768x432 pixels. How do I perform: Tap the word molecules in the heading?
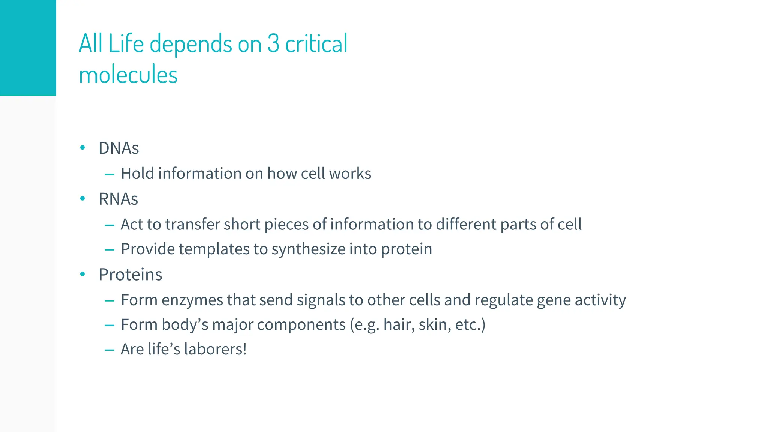128,75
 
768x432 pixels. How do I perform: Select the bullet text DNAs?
118,148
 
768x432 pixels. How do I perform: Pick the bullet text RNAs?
118,199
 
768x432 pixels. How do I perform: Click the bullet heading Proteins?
130,274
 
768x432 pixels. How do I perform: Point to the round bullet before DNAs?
83,148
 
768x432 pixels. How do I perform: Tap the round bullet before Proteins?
83,274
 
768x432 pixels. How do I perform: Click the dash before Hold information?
109,174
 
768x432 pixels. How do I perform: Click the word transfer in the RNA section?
192,225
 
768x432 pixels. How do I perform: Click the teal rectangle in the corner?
28,48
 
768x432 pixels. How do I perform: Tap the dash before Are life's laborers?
109,350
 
